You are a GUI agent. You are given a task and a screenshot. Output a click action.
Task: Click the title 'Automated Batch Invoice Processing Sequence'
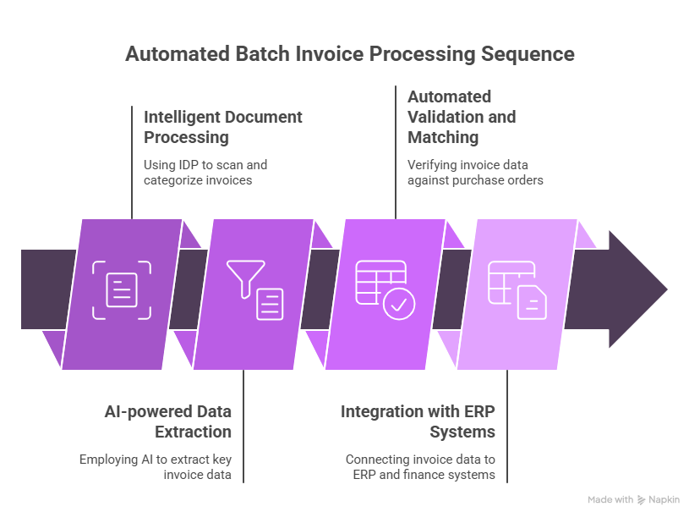coord(349,54)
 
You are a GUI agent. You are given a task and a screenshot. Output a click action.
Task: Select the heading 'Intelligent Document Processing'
coord(222,126)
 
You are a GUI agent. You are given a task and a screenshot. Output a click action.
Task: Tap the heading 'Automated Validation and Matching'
coord(461,116)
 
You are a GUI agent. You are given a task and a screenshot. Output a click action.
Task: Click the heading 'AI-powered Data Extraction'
coord(167,421)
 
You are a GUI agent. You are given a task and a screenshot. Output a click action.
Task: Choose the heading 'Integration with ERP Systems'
coord(418,421)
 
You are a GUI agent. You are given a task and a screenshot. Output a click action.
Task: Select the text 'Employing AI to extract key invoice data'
coord(156,467)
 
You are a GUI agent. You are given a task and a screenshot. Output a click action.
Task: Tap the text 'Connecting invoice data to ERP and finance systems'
coord(420,467)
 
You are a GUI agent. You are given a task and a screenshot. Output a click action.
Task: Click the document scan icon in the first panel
coord(122,290)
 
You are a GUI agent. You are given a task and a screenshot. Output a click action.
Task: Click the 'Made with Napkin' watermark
coord(633,500)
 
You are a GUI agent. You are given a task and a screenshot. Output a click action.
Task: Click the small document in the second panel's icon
coord(270,304)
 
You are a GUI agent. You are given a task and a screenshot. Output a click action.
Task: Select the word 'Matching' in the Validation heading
coord(442,136)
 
